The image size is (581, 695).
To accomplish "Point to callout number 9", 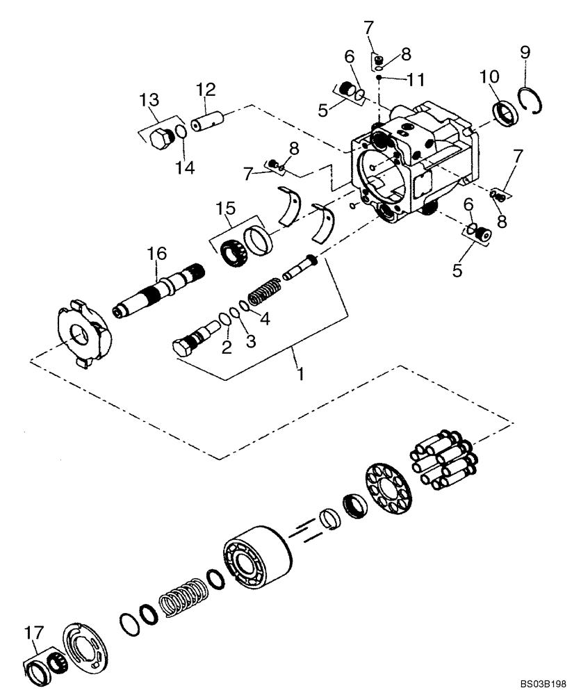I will tap(525, 51).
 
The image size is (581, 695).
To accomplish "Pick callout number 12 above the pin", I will tap(205, 90).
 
